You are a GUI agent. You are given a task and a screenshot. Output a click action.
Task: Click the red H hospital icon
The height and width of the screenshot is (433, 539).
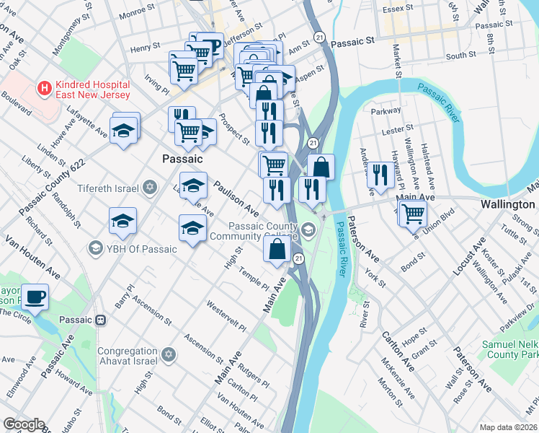coord(45,89)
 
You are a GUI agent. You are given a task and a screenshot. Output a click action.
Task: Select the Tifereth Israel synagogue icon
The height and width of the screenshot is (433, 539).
coord(150,188)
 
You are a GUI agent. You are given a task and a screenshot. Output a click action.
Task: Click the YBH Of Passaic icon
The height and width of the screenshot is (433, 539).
coord(94,249)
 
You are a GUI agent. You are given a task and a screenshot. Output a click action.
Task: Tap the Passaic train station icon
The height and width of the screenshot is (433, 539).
coord(102,320)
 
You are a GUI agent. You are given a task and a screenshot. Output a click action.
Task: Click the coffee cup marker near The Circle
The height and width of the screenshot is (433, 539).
coord(34,296)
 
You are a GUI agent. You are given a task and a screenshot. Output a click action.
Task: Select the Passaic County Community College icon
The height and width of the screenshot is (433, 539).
coord(309,230)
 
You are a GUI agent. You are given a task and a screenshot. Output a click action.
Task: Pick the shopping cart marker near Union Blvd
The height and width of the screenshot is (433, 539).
coord(412,213)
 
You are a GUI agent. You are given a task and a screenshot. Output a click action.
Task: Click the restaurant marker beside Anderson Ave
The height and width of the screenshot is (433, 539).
coord(380,175)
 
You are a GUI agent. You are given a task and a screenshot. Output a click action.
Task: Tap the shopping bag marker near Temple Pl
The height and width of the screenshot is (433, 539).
coord(277,250)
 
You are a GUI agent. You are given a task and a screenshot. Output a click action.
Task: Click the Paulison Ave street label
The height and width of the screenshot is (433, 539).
coord(234,198)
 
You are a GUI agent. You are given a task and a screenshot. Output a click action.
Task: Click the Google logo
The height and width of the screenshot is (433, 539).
coord(23,424)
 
